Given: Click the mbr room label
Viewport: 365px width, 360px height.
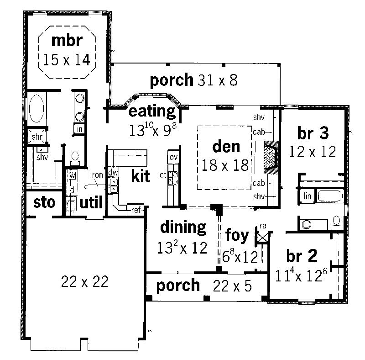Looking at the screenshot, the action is [67, 41].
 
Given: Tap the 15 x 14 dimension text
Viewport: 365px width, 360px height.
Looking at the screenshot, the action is [67, 60].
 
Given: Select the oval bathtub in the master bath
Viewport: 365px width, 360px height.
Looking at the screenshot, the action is [36, 109].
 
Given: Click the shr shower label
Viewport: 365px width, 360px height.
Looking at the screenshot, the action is [37, 137].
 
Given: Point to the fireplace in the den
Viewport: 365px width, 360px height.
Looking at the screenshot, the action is [271, 157].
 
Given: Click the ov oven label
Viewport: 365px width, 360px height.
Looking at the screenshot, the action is [174, 157].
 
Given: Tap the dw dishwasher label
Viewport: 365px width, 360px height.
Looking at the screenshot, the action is [113, 173].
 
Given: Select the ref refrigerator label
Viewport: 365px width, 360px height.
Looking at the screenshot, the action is [136, 210].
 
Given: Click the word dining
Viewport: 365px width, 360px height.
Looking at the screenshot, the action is [183, 227].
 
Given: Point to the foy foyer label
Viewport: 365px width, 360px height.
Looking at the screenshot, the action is [237, 235].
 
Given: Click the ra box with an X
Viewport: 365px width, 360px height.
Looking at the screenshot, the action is [263, 238].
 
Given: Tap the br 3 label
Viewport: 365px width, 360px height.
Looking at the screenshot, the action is [313, 133].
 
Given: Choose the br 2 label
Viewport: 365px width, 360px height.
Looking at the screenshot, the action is [302, 256].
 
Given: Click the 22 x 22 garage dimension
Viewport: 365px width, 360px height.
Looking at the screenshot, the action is [85, 281].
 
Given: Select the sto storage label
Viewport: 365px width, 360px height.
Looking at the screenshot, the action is [44, 202].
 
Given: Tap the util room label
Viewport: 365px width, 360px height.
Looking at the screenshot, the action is [91, 202].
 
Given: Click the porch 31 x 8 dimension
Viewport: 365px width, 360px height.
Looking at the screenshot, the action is [218, 80].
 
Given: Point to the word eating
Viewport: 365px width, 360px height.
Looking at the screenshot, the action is [152, 111].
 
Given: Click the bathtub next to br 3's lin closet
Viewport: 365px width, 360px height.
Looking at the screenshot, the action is [330, 196].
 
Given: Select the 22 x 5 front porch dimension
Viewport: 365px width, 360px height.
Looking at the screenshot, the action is [232, 286].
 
